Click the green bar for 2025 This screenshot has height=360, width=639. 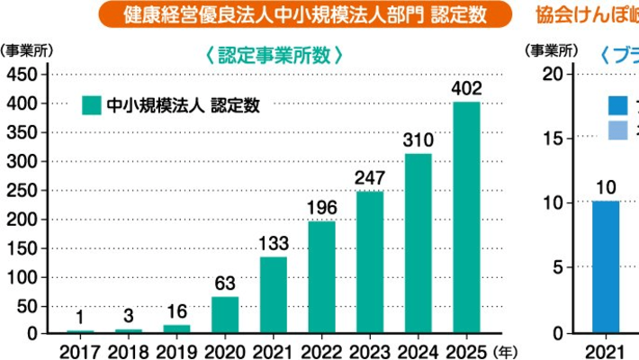click(466, 218)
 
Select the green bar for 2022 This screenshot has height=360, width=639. click(321, 276)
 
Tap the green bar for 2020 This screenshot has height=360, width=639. click(225, 315)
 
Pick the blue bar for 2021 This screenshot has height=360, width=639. click(606, 267)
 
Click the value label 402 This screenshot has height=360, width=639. click(466, 88)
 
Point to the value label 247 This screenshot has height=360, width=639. click(370, 177)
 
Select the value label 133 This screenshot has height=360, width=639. click(274, 243)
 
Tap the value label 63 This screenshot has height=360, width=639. click(225, 283)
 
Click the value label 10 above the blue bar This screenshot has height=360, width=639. click(606, 187)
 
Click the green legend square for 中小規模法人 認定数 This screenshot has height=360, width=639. click(90, 106)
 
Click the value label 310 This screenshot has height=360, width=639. click(418, 139)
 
